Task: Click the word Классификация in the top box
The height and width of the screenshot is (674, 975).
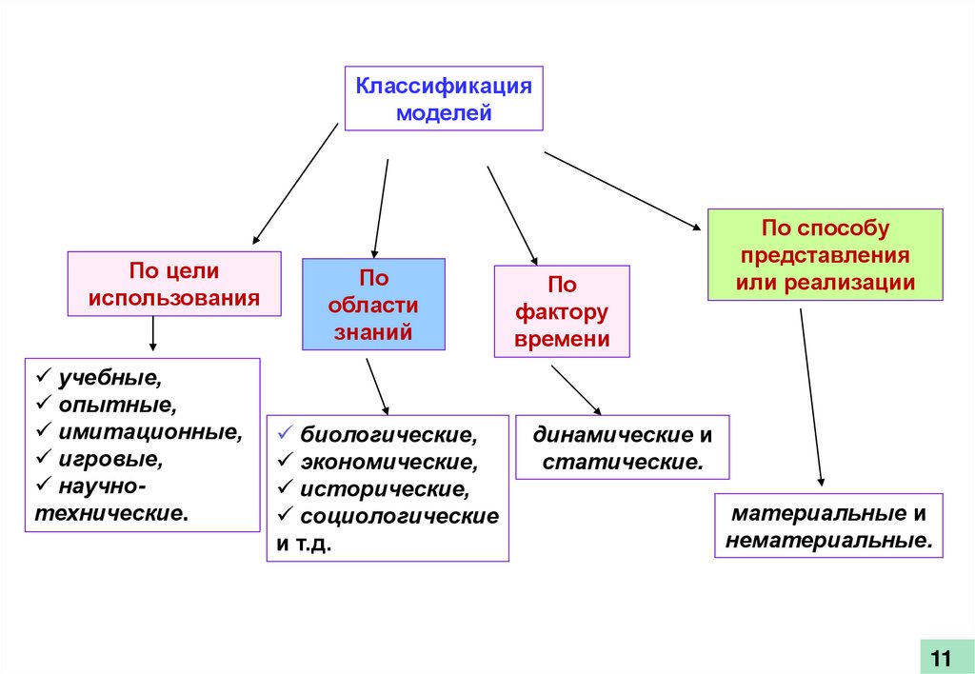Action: pos(443,87)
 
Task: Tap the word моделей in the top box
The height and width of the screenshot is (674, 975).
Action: pos(444,113)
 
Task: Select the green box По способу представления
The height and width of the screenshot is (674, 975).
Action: pos(825,255)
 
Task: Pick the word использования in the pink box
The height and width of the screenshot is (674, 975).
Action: pos(174,297)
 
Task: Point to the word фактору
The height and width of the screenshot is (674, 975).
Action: pos(562,312)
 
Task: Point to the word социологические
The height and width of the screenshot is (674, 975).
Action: pos(399,517)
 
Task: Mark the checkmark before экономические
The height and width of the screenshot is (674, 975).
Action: pos(285,462)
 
